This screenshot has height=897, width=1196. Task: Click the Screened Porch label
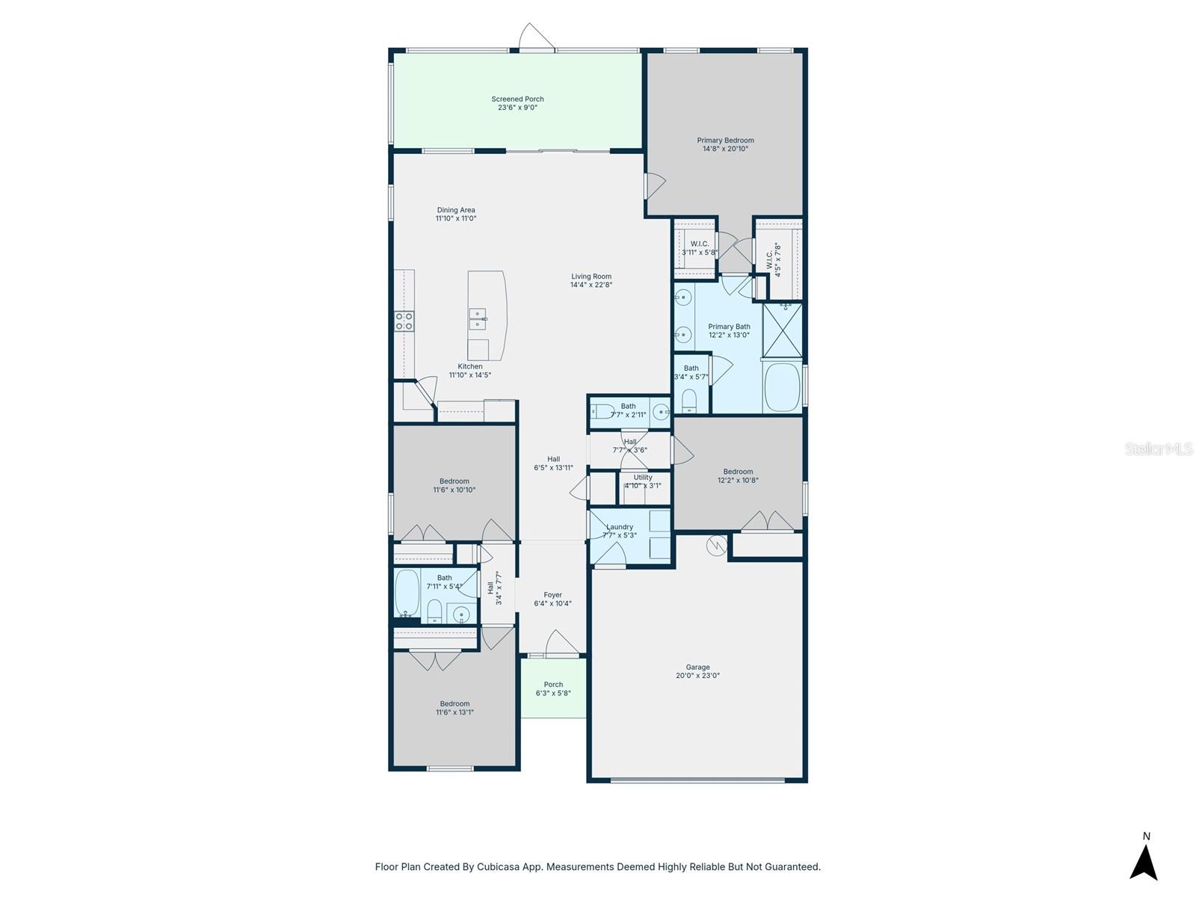click(x=517, y=99)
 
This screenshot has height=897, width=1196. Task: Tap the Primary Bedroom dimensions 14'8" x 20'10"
click(x=725, y=149)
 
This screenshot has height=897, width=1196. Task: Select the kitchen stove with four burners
click(x=404, y=321)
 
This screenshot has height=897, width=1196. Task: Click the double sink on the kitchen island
click(x=478, y=319)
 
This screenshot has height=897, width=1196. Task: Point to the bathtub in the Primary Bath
click(x=782, y=386)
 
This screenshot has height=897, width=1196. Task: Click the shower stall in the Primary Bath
click(x=782, y=330)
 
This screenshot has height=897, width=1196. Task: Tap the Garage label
click(x=697, y=667)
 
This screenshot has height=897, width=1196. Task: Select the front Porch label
click(x=553, y=684)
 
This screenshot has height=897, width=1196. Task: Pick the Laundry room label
click(x=620, y=526)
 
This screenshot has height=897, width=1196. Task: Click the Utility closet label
click(x=643, y=477)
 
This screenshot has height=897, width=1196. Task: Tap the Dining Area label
click(x=456, y=210)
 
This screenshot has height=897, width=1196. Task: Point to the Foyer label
click(x=552, y=595)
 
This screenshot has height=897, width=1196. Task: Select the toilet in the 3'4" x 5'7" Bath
click(x=689, y=401)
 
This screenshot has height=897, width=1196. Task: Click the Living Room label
click(x=591, y=276)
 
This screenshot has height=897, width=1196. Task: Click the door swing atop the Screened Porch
click(x=536, y=37)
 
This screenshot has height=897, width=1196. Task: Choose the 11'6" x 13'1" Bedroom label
click(x=454, y=703)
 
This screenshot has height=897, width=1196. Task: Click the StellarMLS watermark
click(x=1159, y=449)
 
